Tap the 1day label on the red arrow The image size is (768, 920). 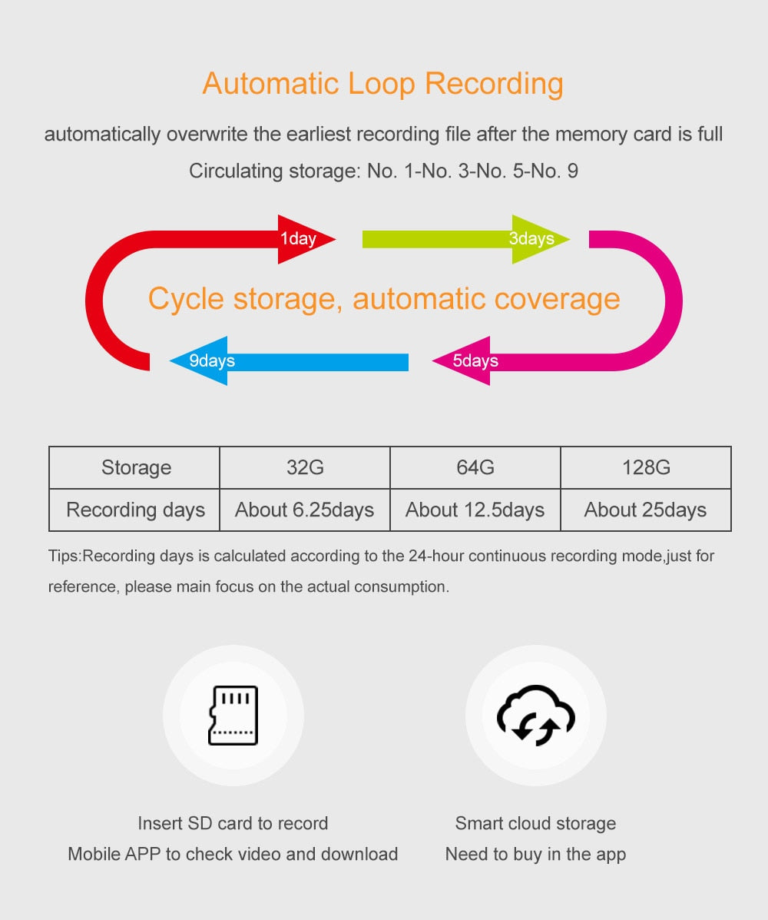(x=298, y=238)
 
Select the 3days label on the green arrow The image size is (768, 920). (x=531, y=238)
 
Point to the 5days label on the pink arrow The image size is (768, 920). (x=475, y=360)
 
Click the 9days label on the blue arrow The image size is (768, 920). (x=212, y=360)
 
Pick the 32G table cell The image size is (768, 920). (x=305, y=467)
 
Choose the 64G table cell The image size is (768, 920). (x=475, y=467)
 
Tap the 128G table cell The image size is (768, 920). (x=646, y=467)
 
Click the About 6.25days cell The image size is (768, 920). (x=305, y=510)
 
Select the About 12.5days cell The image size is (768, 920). (x=475, y=510)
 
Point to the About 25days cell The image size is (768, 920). (x=646, y=510)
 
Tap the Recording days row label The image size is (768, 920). (x=135, y=510)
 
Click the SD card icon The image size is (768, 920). (x=233, y=716)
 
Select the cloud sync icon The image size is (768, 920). (x=536, y=716)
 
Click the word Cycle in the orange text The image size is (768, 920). (x=186, y=299)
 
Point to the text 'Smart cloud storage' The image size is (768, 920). (x=536, y=823)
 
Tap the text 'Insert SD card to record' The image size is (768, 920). (x=233, y=823)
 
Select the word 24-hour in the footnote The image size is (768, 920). (x=436, y=556)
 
